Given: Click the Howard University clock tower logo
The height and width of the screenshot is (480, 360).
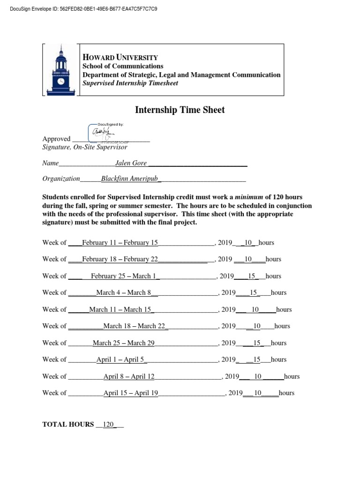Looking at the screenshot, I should pyautogui.click(x=60, y=69).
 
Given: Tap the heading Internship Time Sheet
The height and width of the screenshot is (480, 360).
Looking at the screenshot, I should pyautogui.click(x=180, y=110).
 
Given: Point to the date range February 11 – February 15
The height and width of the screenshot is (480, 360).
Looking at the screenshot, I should pyautogui.click(x=120, y=243).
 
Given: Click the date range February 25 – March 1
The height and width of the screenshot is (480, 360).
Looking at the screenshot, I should pyautogui.click(x=125, y=276).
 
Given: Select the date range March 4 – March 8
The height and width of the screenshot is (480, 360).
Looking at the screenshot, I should pyautogui.click(x=124, y=292).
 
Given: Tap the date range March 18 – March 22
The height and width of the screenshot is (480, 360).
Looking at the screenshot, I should pyautogui.click(x=135, y=326).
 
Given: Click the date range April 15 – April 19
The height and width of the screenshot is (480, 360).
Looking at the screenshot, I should pyautogui.click(x=130, y=393).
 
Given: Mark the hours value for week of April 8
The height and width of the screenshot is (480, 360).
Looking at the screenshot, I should pyautogui.click(x=257, y=376).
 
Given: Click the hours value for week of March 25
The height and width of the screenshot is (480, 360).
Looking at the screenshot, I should pyautogui.click(x=256, y=343).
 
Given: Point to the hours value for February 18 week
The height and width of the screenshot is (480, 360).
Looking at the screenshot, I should pyautogui.click(x=248, y=259).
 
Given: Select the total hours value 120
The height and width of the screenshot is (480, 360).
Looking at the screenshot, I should pyautogui.click(x=108, y=424).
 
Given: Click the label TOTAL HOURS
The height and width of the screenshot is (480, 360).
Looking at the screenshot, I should pyautogui.click(x=68, y=424).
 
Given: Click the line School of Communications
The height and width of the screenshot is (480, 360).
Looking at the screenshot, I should pyautogui.click(x=123, y=66).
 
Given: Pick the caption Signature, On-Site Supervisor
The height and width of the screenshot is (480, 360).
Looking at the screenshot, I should pyautogui.click(x=85, y=147).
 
